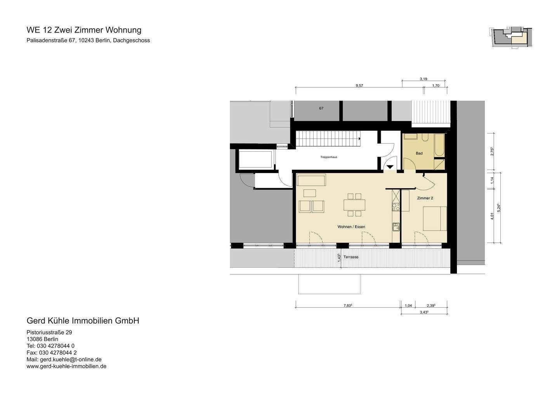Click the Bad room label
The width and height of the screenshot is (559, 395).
[419, 153]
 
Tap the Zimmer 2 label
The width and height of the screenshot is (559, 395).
[425, 198]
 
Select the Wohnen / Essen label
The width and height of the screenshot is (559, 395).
[351, 227]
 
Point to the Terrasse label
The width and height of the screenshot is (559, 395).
[351, 257]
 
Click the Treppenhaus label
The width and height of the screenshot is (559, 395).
[328, 157]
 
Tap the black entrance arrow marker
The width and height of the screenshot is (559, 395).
[389, 167]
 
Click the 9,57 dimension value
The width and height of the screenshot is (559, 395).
[359, 86]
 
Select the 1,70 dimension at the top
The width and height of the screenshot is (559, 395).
[436, 86]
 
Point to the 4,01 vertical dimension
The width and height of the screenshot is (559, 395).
[492, 216]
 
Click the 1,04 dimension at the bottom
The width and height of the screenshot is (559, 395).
[408, 305]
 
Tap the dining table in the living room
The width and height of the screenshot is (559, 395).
[354, 204]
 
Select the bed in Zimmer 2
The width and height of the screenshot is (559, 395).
[434, 218]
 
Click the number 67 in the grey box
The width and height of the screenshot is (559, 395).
[321, 108]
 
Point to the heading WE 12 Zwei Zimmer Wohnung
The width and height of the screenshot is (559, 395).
[84, 30]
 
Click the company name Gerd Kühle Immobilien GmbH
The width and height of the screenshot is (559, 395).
[83, 321]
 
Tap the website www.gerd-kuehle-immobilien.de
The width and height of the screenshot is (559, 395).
[66, 366]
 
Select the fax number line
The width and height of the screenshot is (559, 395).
[52, 352]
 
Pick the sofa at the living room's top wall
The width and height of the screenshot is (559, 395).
[311, 181]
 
